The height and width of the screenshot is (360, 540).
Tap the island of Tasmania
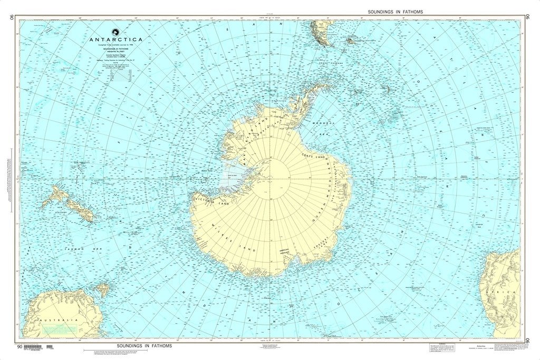coord(101,289)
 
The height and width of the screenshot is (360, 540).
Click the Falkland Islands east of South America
coord(351,40)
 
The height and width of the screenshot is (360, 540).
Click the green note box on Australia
coord(58,329)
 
